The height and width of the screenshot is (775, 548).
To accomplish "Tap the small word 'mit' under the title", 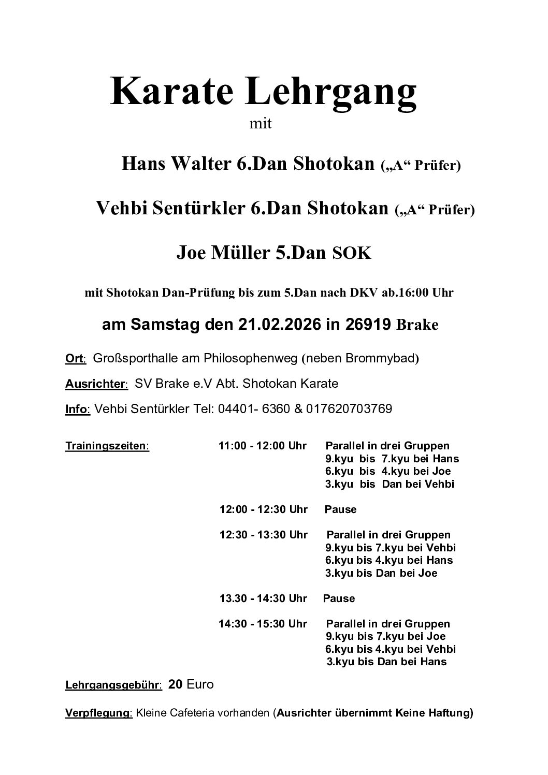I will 261,124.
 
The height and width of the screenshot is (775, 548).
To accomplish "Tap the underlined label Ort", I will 76,358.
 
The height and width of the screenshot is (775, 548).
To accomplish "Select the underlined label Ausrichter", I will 96,384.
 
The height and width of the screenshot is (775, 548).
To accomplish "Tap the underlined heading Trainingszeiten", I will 107,446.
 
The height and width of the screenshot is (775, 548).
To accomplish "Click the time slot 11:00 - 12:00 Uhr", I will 263,446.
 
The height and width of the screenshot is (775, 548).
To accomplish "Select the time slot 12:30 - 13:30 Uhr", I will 263,535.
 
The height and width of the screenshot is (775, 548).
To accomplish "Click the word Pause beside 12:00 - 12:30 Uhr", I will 340,509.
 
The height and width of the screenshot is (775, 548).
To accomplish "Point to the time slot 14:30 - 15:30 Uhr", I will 263,624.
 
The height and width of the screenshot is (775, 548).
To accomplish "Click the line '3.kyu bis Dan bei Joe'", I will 381,573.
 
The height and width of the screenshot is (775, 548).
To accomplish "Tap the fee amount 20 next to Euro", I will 176,684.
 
